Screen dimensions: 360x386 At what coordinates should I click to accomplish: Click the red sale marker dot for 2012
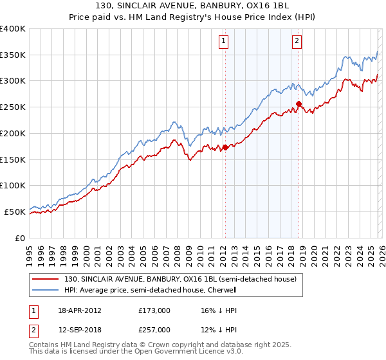[x=225, y=147]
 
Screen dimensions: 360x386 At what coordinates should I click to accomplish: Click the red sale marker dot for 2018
[x=299, y=104]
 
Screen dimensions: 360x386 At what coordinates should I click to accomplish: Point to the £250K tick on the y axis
[x=13, y=107]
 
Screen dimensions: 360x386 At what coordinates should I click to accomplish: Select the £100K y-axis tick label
[x=13, y=186]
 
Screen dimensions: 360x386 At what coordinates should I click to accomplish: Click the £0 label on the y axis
[x=19, y=238]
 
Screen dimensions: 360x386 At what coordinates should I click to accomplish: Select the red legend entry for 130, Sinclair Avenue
[x=180, y=279]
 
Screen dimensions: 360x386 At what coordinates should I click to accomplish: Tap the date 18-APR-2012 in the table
[x=80, y=310]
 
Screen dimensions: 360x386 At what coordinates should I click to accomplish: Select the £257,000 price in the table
[x=154, y=329]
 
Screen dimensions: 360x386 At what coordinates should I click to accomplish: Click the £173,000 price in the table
[x=154, y=310]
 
